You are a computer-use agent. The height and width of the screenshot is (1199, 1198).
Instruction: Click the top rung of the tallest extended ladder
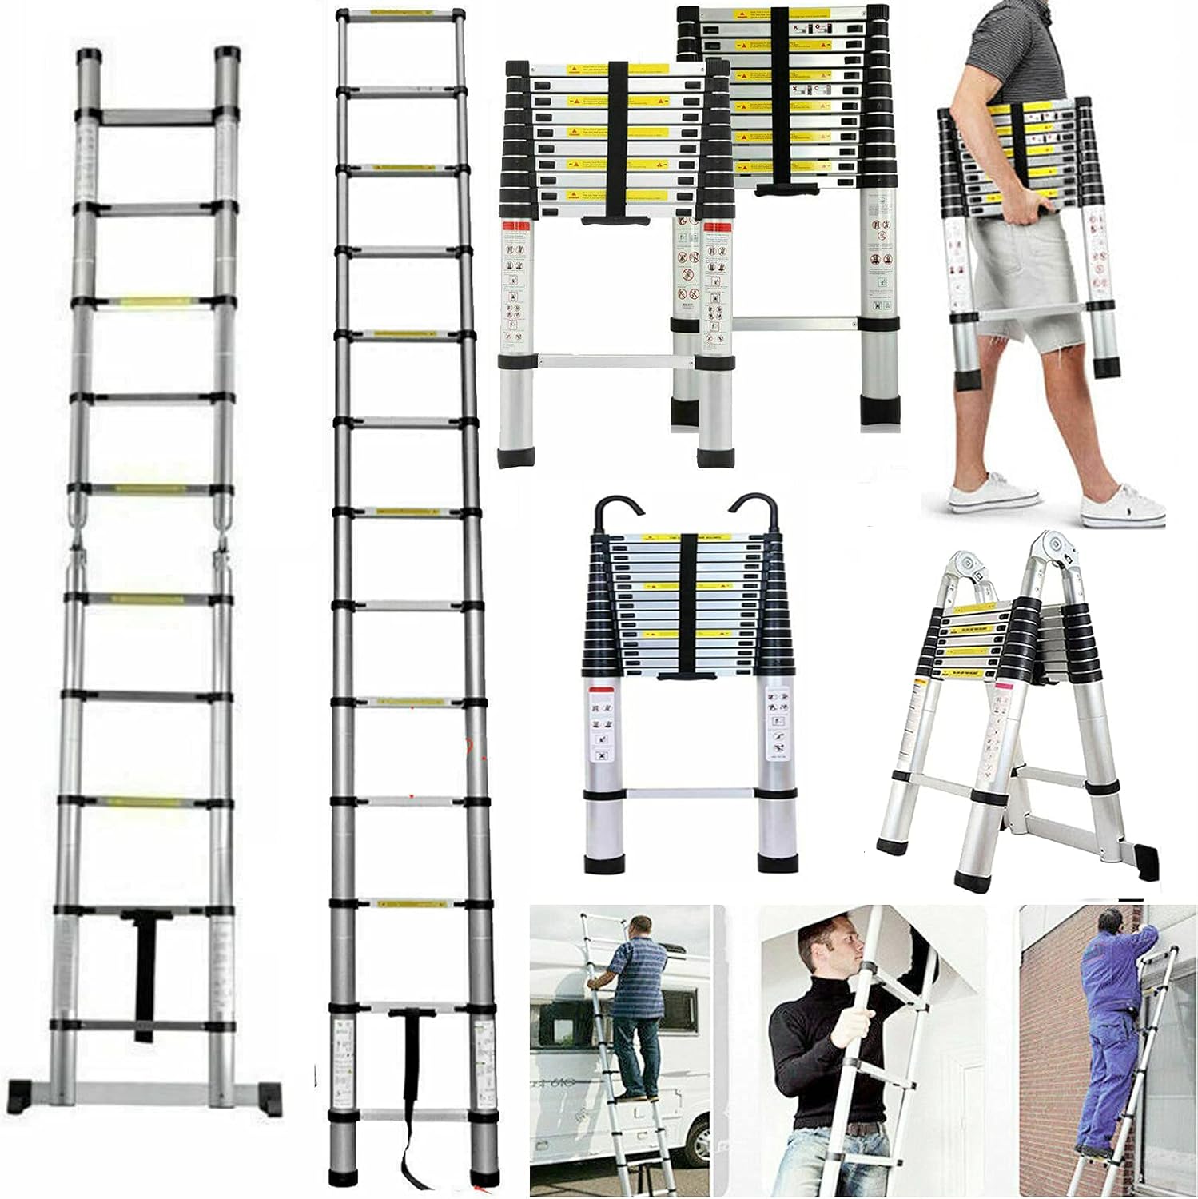tap(400, 15)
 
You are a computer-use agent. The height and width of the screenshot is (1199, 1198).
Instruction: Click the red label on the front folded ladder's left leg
tap(516, 227)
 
